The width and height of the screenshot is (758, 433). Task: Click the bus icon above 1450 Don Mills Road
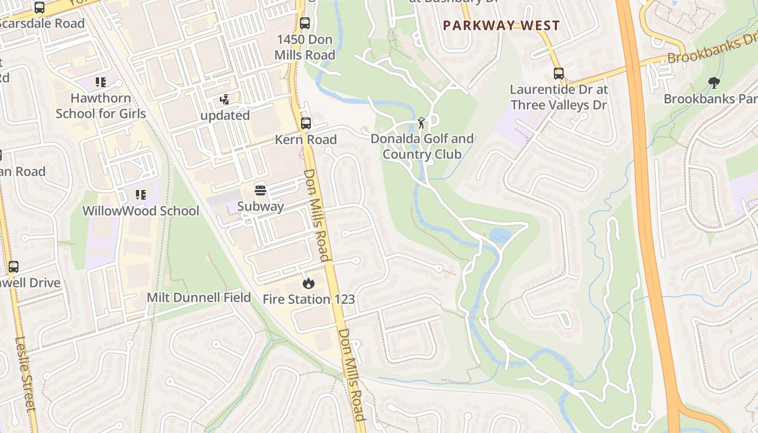click(305, 23)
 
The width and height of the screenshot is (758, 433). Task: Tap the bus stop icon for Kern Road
click(306, 123)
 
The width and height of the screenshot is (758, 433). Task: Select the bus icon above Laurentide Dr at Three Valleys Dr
click(559, 74)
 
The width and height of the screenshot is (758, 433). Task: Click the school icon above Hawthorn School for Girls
click(101, 82)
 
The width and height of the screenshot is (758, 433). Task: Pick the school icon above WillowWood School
click(141, 195)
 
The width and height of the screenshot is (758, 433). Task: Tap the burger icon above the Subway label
click(260, 191)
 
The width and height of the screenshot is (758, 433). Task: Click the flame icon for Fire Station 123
click(308, 283)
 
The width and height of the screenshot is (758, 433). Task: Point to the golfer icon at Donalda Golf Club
click(421, 123)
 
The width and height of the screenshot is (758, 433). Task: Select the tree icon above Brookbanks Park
click(714, 83)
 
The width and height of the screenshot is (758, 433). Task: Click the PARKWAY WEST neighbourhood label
click(501, 25)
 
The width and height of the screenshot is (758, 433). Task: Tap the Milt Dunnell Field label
click(199, 298)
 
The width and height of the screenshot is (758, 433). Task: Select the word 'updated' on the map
click(225, 115)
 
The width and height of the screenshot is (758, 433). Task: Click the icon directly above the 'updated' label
click(224, 100)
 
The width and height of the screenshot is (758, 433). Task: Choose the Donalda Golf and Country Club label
click(422, 147)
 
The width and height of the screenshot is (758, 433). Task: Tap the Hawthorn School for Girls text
click(101, 106)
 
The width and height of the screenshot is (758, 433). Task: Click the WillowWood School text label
click(141, 211)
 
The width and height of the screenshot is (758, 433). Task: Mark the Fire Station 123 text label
click(309, 299)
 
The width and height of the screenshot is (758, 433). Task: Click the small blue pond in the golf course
click(499, 234)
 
